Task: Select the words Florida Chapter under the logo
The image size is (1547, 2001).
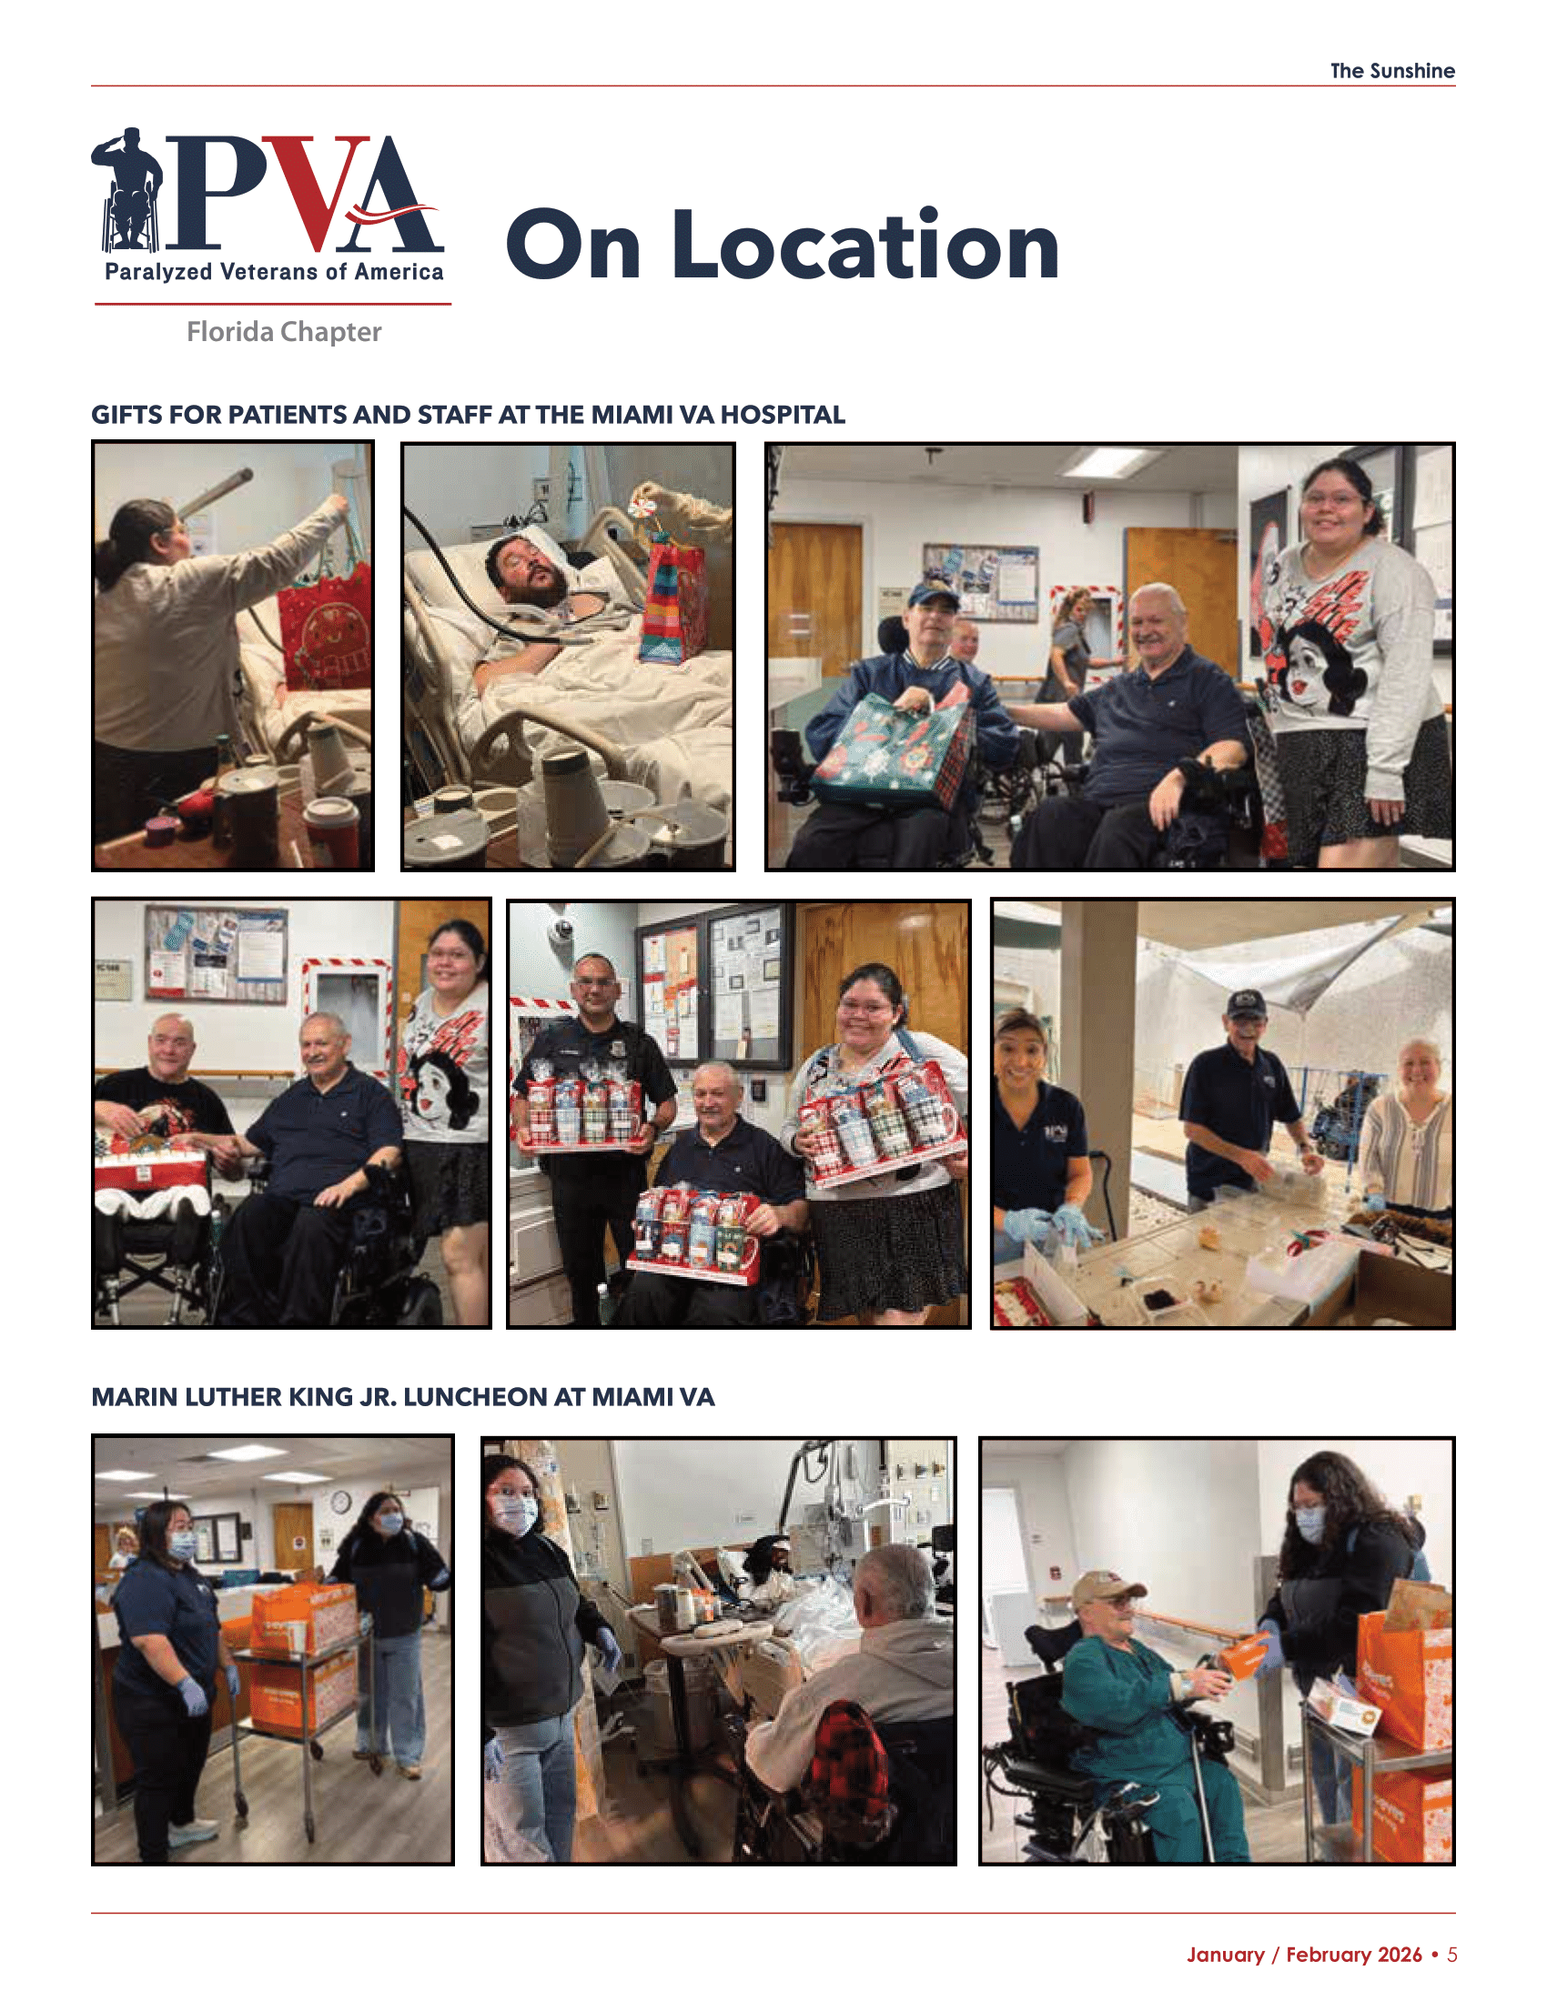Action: click(284, 332)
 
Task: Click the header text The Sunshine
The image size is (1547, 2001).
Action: click(1392, 71)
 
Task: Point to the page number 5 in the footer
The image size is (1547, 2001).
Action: click(1451, 1955)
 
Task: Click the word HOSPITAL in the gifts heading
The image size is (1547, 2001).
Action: click(782, 415)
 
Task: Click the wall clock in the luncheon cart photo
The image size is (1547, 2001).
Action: click(340, 1501)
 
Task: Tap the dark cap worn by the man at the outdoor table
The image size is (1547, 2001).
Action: click(1246, 1004)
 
